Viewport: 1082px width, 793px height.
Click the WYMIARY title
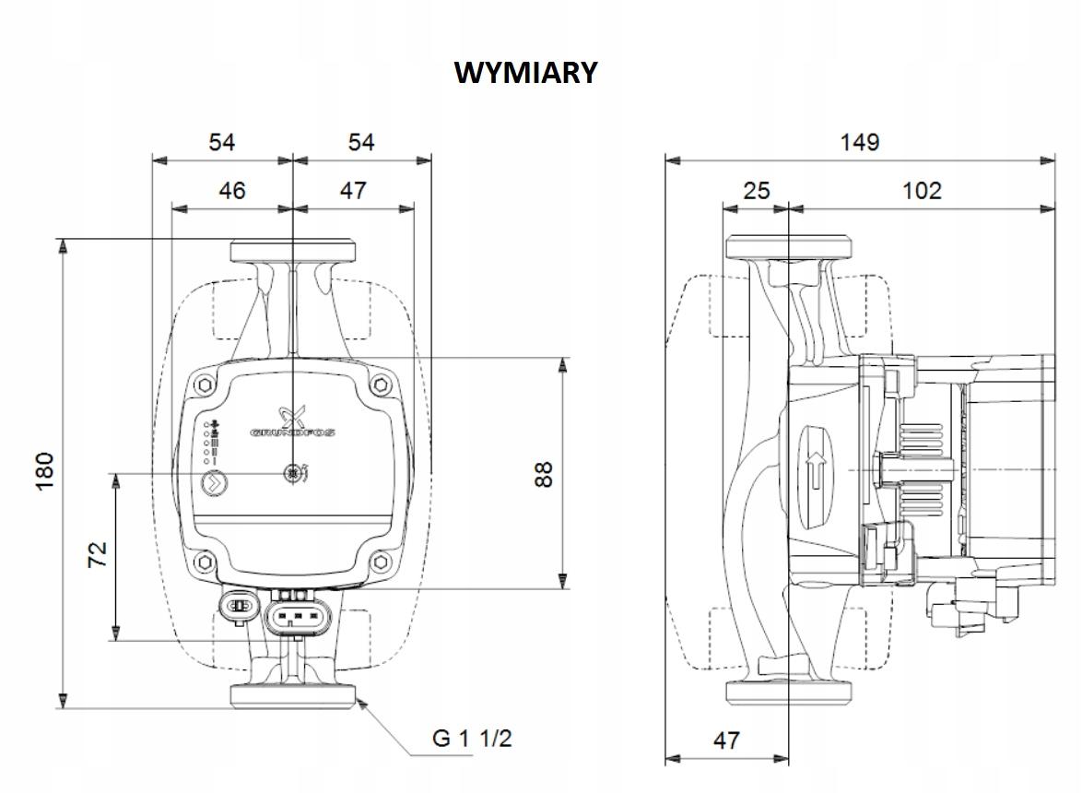[526, 73]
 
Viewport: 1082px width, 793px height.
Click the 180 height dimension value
[45, 471]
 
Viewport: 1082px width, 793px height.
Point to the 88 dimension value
[544, 473]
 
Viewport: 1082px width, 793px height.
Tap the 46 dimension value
[232, 190]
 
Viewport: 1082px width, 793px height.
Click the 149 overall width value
[860, 142]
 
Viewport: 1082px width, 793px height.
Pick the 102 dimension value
[922, 190]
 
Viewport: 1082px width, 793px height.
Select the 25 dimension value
[756, 190]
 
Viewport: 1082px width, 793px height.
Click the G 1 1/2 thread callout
[472, 739]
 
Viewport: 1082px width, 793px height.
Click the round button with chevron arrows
[214, 481]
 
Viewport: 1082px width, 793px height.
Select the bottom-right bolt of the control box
[381, 562]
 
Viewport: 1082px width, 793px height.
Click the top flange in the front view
[292, 251]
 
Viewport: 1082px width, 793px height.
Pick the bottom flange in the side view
[789, 691]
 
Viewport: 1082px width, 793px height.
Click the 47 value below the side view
[726, 740]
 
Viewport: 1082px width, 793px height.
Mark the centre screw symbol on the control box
[294, 474]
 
